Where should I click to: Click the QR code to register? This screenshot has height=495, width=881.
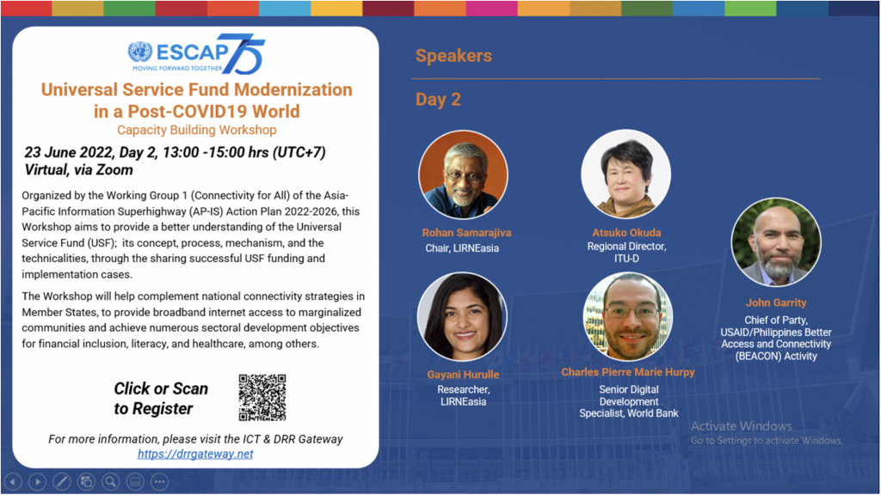click(262, 397)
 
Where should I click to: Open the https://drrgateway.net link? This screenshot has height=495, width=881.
click(195, 454)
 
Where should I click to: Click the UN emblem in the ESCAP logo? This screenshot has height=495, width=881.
click(140, 52)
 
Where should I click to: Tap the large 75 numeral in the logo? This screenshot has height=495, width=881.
click(242, 54)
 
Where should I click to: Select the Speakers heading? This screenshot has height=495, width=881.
click(453, 56)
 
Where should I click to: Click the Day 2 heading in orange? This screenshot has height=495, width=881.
click(438, 100)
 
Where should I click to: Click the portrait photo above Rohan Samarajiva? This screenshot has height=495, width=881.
click(464, 174)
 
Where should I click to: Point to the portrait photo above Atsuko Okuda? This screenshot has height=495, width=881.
click(626, 174)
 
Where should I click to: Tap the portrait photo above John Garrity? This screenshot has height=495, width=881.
click(776, 241)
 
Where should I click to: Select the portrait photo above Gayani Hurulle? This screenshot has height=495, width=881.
click(462, 316)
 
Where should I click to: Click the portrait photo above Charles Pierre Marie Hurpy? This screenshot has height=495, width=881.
click(628, 316)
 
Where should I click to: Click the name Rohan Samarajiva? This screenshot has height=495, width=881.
click(467, 232)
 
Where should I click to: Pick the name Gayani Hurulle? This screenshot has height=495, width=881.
click(463, 375)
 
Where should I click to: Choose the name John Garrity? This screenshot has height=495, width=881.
click(776, 302)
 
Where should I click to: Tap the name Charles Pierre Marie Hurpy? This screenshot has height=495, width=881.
click(627, 372)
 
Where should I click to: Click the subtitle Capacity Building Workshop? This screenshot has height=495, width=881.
click(197, 130)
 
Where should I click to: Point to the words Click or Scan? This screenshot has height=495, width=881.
click(161, 388)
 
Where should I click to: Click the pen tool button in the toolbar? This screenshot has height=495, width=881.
click(62, 481)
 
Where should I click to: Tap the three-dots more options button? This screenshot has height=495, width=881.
click(159, 481)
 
